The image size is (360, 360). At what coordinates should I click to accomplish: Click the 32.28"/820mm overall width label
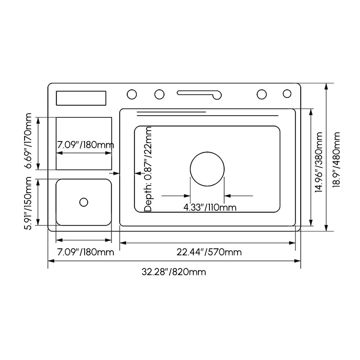[x=174, y=272]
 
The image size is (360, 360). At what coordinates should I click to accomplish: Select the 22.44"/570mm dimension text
[x=209, y=252]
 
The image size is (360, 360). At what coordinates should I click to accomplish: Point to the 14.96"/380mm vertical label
[x=319, y=162]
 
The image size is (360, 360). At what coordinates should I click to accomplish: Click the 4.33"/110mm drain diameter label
[x=210, y=207]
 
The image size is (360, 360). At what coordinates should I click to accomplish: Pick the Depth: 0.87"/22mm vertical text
[x=148, y=168]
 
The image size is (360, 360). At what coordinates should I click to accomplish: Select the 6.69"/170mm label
[x=28, y=141]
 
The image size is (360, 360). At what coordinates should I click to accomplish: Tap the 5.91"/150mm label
[x=28, y=203]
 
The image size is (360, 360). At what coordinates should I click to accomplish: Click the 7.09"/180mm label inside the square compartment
[x=85, y=145]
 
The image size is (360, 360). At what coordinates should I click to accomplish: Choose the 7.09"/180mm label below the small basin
[x=85, y=252]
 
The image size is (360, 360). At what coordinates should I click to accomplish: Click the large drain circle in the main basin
[x=207, y=169]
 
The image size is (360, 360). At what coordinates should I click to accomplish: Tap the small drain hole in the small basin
[x=84, y=202]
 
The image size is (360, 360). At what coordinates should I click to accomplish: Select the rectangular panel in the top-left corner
[x=81, y=98]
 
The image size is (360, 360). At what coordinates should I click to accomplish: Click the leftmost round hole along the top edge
[x=132, y=94]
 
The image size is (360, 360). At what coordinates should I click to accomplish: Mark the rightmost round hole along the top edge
[x=287, y=94]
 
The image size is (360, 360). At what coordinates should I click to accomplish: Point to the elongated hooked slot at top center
[x=199, y=94]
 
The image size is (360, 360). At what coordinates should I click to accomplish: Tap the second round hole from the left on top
[x=159, y=94]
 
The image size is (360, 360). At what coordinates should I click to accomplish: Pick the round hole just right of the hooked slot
[x=262, y=94]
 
